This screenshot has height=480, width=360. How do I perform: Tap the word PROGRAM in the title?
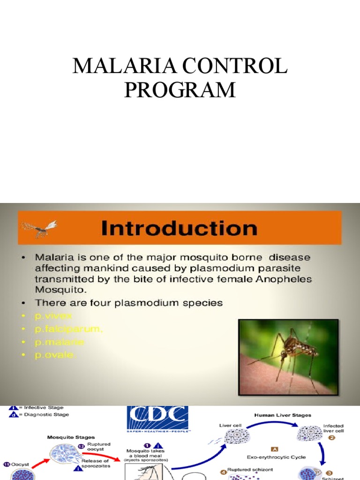(180, 90)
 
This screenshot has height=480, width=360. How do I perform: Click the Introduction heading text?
(179, 228)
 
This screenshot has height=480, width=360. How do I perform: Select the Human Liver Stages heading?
(282, 415)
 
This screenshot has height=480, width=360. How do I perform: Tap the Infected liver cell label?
(333, 429)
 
